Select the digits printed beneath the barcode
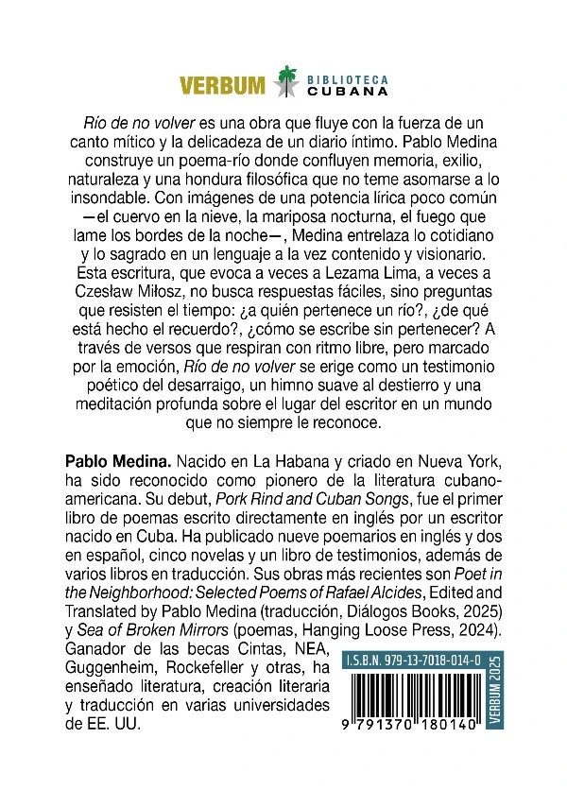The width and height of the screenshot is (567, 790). click(x=412, y=747)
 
